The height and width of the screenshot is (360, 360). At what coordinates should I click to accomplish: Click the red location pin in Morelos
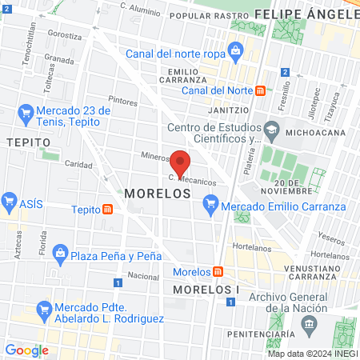coord(180,162)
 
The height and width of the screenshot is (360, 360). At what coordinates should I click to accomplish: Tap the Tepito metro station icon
coord(107,210)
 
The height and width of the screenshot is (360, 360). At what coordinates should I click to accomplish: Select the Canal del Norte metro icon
coord(260,90)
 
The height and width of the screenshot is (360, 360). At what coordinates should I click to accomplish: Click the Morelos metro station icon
coord(218,271)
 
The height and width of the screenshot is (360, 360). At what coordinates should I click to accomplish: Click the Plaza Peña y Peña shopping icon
coord(60,255)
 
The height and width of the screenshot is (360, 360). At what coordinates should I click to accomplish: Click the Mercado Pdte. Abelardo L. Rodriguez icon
coord(43,308)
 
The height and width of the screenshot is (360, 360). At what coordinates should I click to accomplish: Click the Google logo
coord(26,350)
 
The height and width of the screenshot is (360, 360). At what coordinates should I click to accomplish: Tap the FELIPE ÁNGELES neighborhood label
coord(307,15)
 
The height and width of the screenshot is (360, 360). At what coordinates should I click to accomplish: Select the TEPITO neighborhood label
coord(22,142)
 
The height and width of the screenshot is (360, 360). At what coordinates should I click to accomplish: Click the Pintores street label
coord(123,102)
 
